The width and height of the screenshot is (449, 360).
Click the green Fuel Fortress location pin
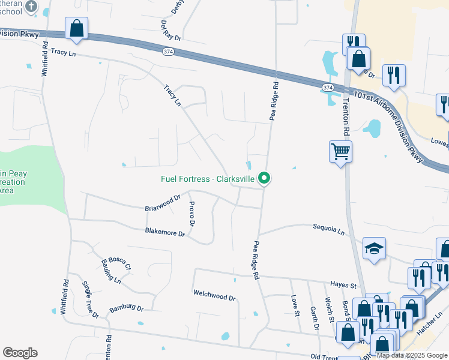coord(264,178)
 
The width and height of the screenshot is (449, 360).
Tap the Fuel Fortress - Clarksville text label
coord(208,179)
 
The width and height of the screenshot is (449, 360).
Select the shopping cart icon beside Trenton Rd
coord(340,151)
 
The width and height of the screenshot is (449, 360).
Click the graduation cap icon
coord(374,248)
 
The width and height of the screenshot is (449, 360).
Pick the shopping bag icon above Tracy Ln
coord(76,28)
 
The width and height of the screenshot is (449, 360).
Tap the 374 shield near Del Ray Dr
coord(168,52)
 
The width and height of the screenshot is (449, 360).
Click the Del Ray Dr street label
coord(170,31)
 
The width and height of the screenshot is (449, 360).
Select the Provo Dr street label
coord(192,214)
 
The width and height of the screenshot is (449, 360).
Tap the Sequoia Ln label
coord(329,229)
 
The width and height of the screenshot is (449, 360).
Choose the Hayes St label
coord(343,285)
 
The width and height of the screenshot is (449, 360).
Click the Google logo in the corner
coord(20,353)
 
